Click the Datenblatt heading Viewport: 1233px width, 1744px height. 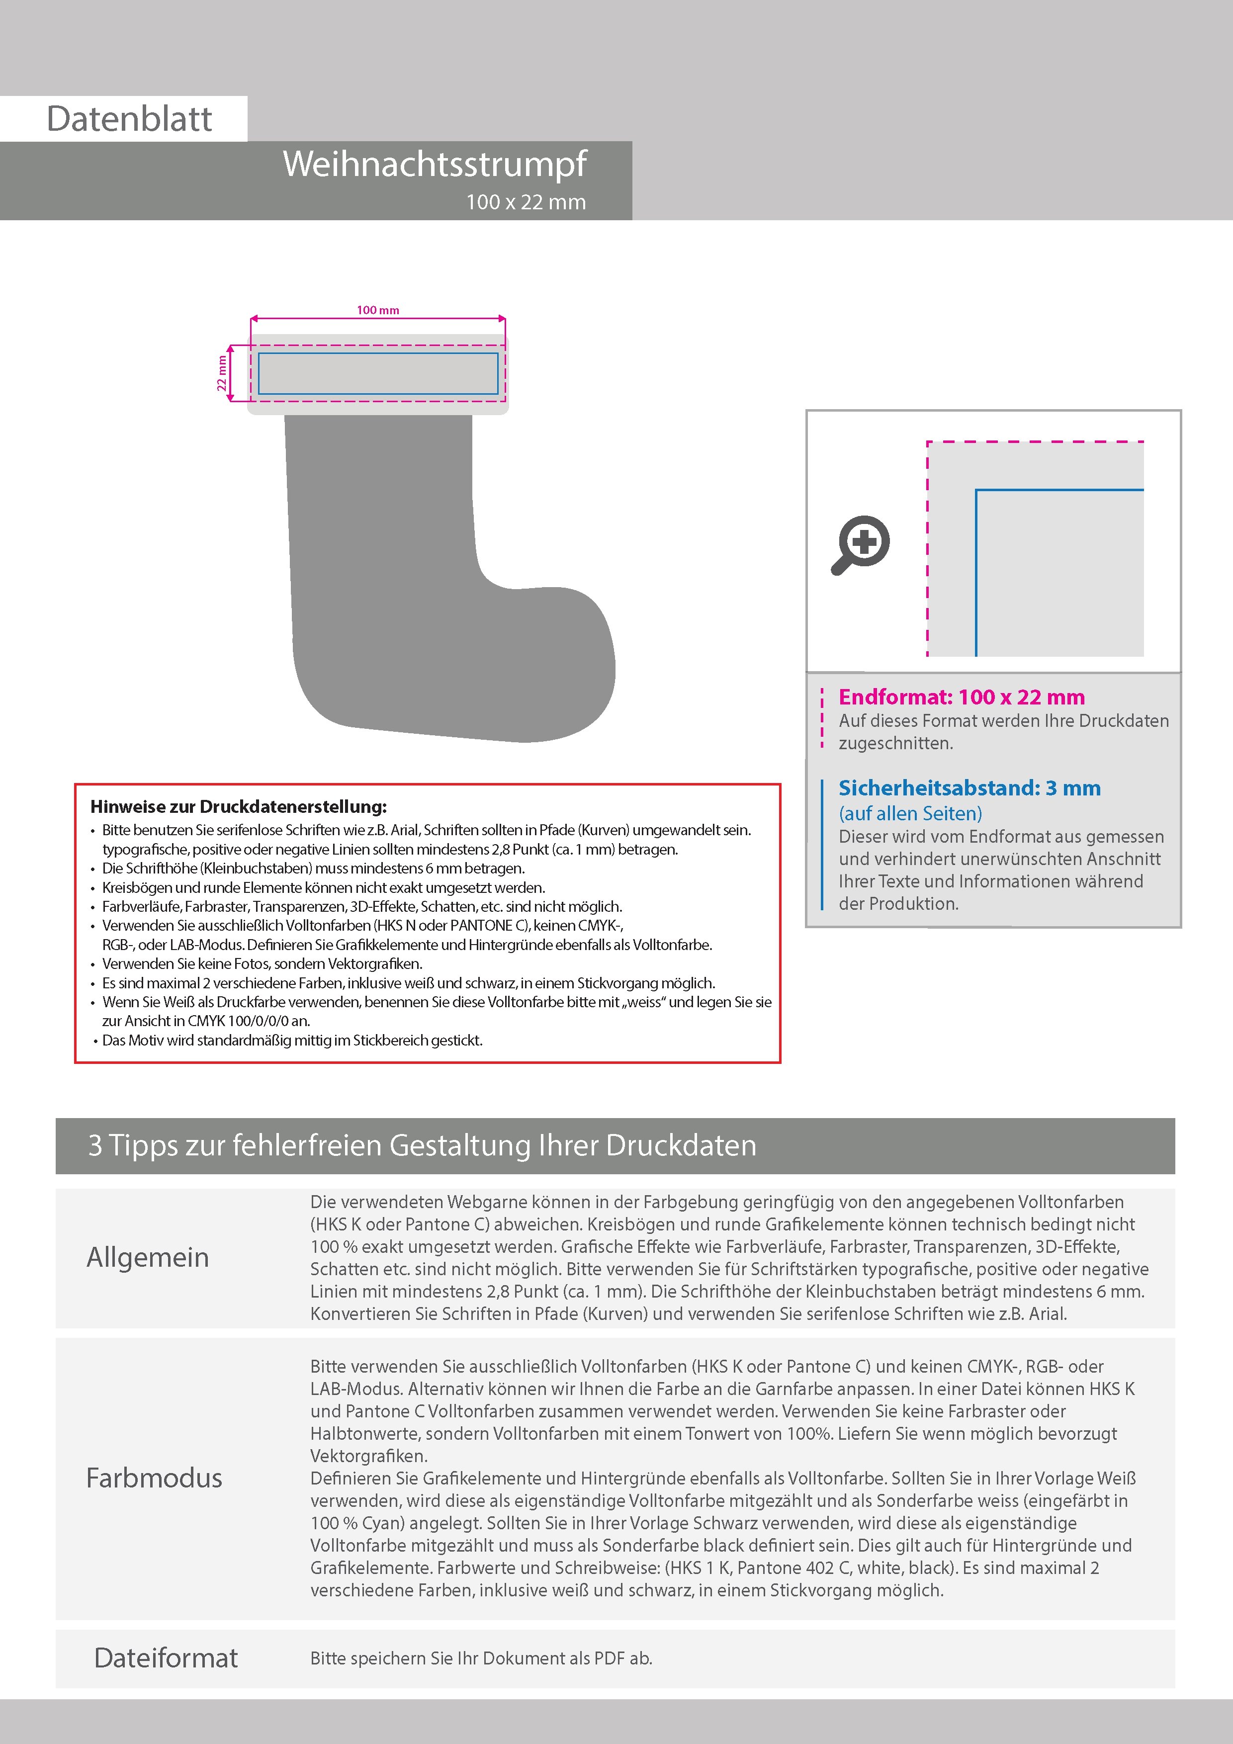tap(129, 119)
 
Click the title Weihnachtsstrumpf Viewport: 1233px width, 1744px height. tap(435, 164)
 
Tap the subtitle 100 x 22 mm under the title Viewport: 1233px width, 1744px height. tap(526, 202)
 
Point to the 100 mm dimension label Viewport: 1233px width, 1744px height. tap(377, 310)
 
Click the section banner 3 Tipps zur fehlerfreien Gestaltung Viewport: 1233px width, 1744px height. tap(423, 1145)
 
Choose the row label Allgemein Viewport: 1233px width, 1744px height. tap(147, 1257)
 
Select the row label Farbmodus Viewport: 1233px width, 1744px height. tap(154, 1478)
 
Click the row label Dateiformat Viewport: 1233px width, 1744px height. tap(166, 1657)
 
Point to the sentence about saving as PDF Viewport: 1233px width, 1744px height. tap(481, 1658)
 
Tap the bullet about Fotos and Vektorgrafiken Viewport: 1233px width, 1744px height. tap(262, 964)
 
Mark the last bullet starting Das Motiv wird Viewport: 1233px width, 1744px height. tap(292, 1040)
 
